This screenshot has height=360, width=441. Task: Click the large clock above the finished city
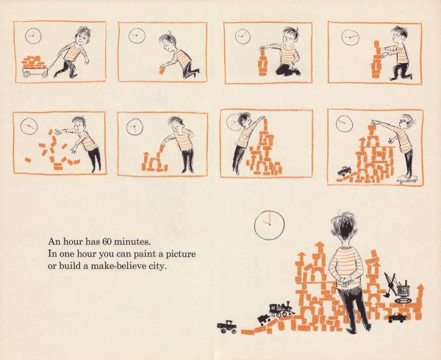(269, 225)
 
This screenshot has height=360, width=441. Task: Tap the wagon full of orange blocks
(35, 67)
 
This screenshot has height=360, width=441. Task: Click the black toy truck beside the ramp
(226, 327)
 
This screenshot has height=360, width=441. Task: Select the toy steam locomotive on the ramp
(282, 309)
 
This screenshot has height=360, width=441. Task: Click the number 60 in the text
(107, 241)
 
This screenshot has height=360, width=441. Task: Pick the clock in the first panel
(33, 36)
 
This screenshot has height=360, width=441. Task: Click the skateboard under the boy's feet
(407, 179)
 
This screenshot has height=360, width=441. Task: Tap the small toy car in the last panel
(345, 170)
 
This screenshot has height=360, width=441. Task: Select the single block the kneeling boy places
(162, 71)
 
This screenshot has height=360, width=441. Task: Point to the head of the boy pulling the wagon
(82, 35)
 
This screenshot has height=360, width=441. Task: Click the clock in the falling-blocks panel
(29, 126)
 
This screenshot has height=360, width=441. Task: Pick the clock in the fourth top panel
(350, 37)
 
